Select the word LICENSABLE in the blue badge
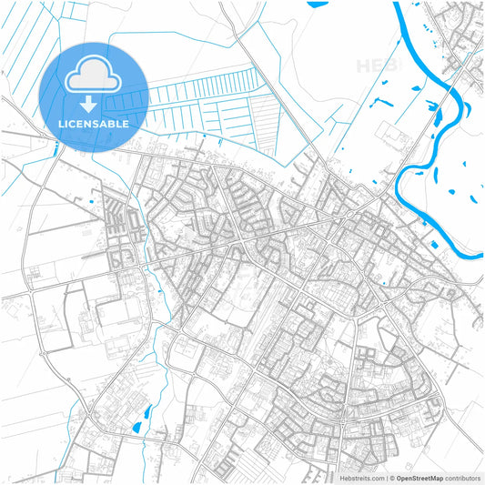(94, 122)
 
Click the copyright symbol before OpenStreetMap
(391, 477)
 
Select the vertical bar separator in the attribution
(385, 477)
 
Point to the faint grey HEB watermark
(374, 66)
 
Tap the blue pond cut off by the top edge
(318, 4)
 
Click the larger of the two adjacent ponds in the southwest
(137, 427)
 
